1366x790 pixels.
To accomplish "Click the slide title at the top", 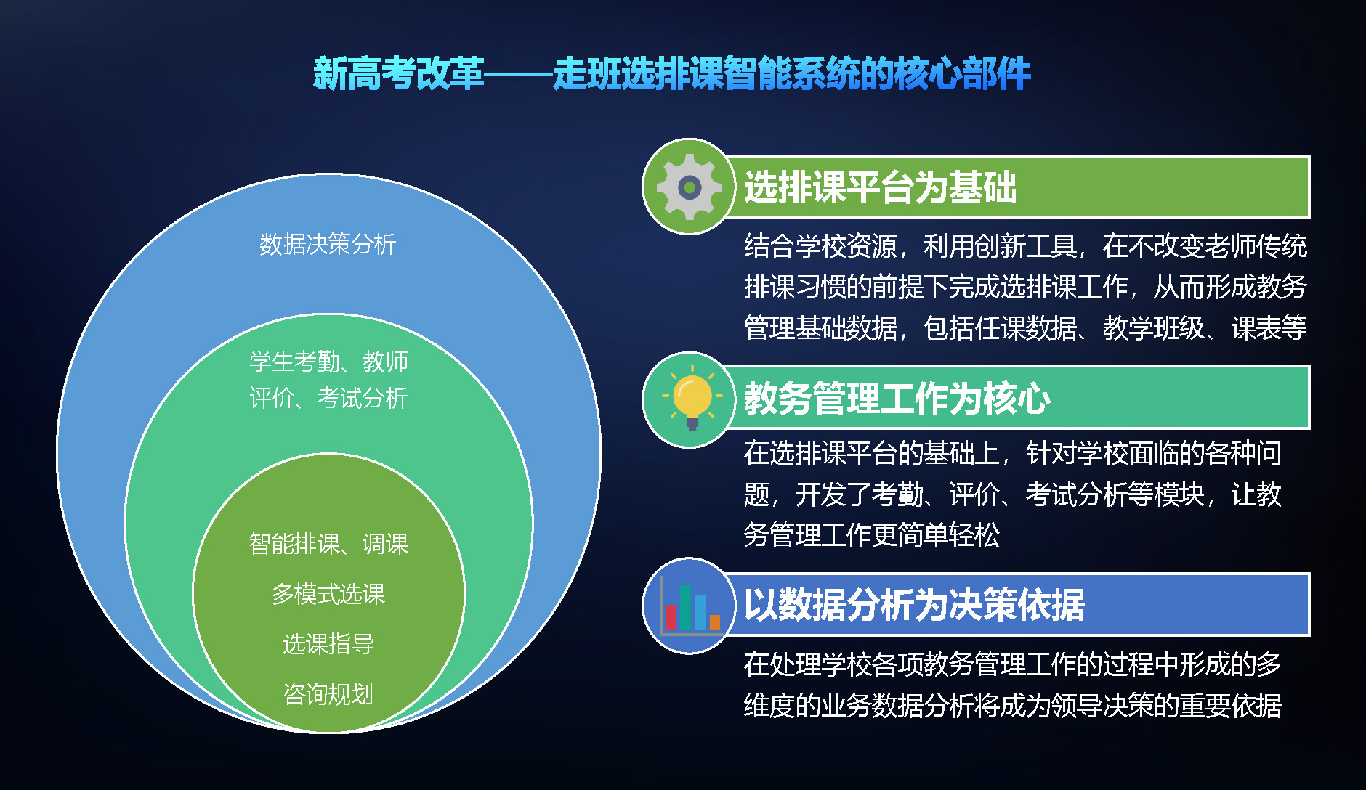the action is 672,73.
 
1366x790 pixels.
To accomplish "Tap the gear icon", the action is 689,187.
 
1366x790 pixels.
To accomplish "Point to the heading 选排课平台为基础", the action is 880,187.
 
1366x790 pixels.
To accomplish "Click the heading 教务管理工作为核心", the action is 897,398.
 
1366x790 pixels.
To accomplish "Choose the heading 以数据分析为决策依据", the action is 914,605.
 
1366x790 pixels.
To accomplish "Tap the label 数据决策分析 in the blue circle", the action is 328,244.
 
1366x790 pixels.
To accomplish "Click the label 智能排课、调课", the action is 328,543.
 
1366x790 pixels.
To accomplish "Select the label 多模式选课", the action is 328,594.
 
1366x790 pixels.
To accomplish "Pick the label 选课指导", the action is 328,644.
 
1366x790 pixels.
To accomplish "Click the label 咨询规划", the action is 328,694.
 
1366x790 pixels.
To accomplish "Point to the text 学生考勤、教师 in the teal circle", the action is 328,361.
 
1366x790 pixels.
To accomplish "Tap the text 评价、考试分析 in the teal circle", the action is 328,398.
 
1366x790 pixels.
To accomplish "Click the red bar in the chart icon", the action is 671,617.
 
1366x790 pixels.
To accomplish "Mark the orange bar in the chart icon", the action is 715,622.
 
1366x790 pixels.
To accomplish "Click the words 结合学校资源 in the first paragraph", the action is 820,246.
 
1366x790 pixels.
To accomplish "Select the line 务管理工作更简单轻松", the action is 872,535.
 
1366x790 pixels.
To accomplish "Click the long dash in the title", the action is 518,74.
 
